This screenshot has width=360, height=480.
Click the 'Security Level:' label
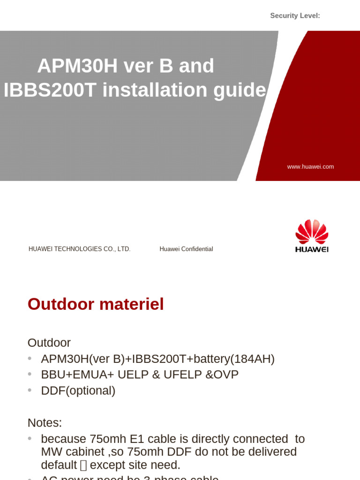coord(295,16)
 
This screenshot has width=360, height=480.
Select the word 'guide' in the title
coord(240,90)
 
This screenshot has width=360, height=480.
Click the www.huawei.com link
coord(310,167)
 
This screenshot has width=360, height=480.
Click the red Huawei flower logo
coord(312,232)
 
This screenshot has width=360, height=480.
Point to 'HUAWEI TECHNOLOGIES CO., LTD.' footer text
coord(79,249)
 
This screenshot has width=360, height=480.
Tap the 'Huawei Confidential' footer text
coord(186,249)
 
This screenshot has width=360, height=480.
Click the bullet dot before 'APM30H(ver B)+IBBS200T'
coord(30,359)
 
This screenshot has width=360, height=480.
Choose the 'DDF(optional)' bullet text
coord(78,391)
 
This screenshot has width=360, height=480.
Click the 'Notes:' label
coord(45,423)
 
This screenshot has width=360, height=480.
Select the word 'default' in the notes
coord(59,465)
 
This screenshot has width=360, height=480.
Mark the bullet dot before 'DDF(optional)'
coord(30,390)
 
